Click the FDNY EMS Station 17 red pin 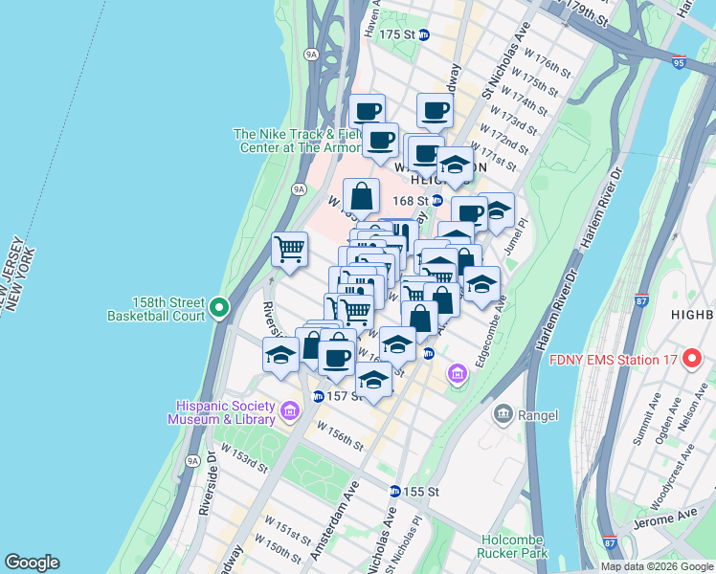point(692,361)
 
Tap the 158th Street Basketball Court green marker point(219,307)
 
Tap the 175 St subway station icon point(424,34)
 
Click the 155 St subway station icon point(394,491)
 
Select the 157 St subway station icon point(318,396)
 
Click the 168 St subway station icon point(436,200)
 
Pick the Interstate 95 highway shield point(679,60)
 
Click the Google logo point(32,563)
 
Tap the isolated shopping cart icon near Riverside point(289,250)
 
